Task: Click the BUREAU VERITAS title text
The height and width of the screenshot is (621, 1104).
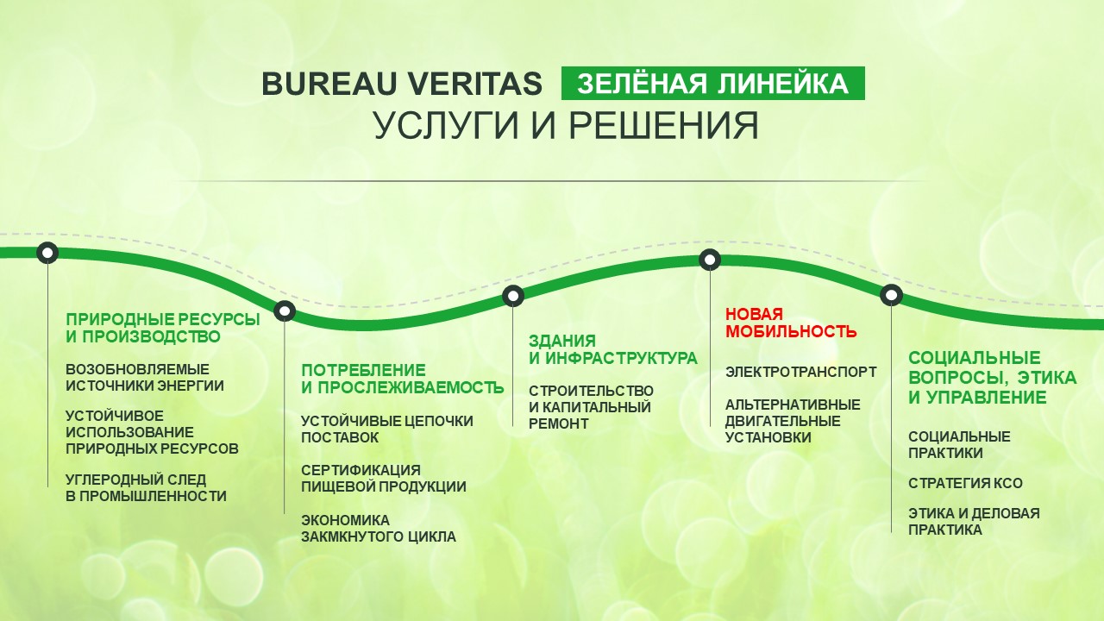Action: coord(402,84)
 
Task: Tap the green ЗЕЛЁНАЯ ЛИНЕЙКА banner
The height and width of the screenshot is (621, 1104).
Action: coord(712,84)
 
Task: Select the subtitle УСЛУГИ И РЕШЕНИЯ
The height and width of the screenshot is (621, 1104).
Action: coord(566,126)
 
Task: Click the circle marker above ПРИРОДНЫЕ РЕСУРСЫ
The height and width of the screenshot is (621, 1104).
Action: coord(47,253)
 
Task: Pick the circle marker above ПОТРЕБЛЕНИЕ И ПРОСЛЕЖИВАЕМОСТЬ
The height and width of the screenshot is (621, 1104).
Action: coord(285,311)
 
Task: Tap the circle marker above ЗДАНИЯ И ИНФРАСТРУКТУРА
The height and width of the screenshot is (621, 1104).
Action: coord(513,296)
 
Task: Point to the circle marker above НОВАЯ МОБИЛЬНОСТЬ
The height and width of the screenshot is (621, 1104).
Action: coord(710,260)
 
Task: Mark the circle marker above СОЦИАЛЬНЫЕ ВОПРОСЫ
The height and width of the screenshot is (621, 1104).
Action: coord(891,295)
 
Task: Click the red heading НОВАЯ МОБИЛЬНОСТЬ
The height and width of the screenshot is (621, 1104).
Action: coord(791,323)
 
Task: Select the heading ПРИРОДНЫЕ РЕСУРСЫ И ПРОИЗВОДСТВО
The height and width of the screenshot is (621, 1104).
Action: coord(163,328)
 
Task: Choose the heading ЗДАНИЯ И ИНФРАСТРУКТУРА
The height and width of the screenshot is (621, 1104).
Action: coord(613,349)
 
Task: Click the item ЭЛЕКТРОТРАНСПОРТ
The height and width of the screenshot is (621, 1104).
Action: coord(801,372)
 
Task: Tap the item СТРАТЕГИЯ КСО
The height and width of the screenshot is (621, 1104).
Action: coord(965,483)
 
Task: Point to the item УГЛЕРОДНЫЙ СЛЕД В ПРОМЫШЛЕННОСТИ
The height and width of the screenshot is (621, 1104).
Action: coord(146,487)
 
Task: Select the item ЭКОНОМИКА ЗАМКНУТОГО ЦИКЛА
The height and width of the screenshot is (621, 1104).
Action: coord(379,529)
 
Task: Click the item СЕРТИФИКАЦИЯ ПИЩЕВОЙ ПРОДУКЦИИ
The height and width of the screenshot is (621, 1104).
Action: coord(384,478)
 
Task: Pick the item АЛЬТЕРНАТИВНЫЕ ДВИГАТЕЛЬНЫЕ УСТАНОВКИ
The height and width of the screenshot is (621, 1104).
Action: coord(793,421)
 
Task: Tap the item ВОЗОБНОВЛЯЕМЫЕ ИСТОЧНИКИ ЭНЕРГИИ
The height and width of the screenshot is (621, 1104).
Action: coord(145,377)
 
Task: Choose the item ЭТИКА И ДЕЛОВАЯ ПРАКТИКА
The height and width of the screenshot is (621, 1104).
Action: coord(974,522)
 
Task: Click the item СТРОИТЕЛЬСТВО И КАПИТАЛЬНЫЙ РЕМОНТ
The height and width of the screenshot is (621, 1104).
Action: coord(591,407)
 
